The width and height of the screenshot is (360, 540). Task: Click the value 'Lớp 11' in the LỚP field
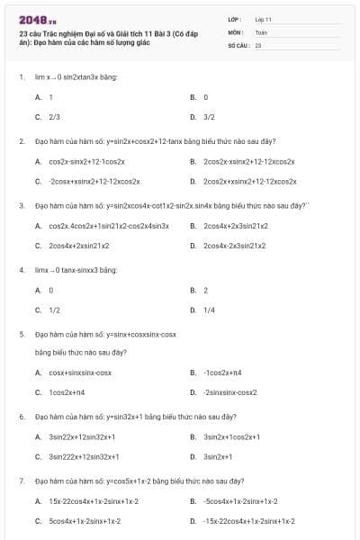[264, 18]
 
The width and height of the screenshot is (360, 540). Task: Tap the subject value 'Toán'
[261, 31]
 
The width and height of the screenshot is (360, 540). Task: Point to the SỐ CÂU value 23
[258, 43]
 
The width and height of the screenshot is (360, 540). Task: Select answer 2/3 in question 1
[54, 116]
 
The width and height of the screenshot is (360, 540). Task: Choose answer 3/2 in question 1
[209, 116]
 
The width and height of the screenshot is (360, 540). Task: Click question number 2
[21, 141]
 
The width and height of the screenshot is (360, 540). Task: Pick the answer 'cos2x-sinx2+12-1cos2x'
[86, 161]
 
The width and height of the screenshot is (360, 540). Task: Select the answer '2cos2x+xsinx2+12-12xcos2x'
[249, 181]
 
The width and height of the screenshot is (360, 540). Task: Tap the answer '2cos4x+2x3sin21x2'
[236, 225]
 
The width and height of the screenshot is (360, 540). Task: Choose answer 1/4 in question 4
[209, 310]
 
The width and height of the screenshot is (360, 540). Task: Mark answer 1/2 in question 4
[54, 310]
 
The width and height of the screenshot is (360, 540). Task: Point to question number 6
[21, 417]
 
